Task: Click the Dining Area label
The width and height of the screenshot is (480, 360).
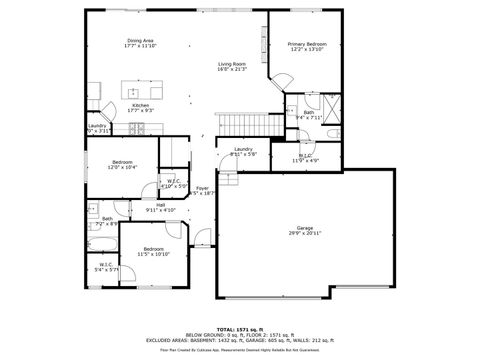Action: point(140,43)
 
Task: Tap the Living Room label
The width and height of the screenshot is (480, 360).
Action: point(232,66)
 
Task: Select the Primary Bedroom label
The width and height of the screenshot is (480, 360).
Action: point(308,47)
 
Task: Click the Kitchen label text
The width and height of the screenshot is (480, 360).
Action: point(141,107)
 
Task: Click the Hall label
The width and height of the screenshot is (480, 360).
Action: point(160,207)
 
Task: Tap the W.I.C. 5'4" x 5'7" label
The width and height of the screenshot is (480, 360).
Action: point(106,267)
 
